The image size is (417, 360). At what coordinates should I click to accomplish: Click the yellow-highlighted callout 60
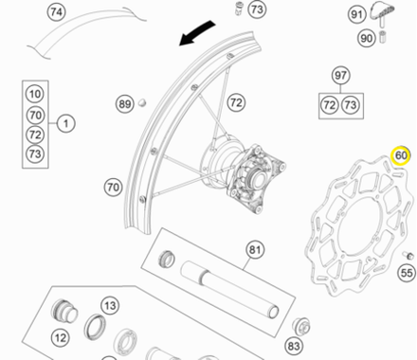pos(401,154)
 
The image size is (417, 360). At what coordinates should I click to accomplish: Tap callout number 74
pos(57,12)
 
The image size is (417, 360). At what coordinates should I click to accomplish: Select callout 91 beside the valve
pos(356,15)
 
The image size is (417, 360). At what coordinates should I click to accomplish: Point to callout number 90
pos(366,38)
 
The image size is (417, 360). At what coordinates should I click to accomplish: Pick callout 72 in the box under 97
pos(331,103)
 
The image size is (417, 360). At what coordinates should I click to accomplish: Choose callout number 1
pos(65,122)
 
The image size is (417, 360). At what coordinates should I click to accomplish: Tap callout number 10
pos(35,94)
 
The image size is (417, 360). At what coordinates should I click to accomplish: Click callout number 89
pos(125,103)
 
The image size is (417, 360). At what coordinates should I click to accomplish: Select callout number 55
pos(407,273)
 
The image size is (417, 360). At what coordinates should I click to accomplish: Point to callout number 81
pos(253,250)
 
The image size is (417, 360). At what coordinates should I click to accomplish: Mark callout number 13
pos(60,335)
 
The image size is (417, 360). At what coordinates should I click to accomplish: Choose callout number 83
pos(294,347)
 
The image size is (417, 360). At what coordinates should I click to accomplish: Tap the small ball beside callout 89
pos(142,102)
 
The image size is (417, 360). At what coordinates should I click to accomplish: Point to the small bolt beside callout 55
pos(409,256)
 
